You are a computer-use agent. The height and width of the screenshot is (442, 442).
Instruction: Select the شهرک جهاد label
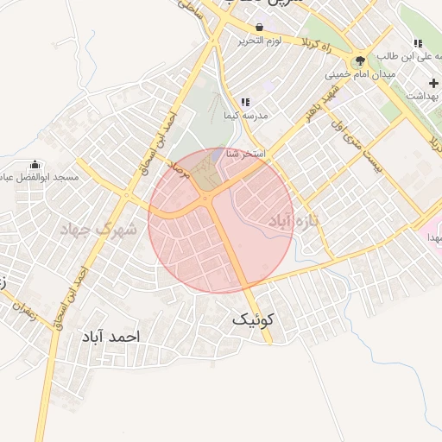click(98, 230)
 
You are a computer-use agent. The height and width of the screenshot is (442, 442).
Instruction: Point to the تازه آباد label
click(294, 221)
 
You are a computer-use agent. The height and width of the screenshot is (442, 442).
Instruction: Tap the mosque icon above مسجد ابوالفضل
click(35, 164)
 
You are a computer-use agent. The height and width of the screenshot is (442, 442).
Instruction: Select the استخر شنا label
click(245, 154)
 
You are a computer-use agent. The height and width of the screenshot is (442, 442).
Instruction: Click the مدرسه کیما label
click(246, 115)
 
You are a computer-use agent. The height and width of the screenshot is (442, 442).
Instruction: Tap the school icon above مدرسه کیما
click(246, 102)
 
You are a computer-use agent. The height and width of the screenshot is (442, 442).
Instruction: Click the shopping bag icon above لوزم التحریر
click(259, 28)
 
